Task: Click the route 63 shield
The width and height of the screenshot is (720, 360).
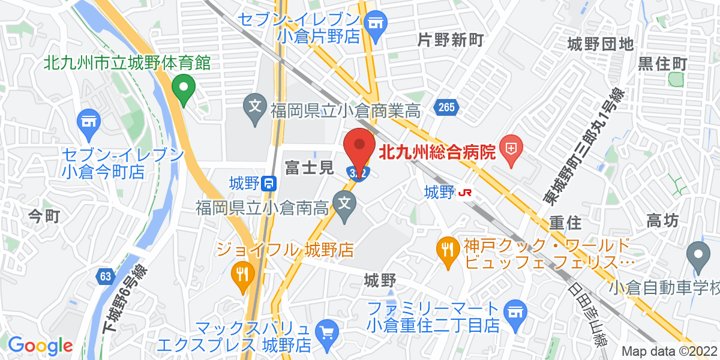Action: coord(106,276)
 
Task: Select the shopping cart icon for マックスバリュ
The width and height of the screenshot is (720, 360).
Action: coord(328,332)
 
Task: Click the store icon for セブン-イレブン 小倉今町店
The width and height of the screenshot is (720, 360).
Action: coord(88,121)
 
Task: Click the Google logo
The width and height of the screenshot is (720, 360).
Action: coord(40,346)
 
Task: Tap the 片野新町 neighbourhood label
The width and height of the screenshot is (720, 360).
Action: coord(450,41)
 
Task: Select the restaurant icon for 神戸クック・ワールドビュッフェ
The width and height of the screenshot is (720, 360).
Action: coord(447,247)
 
